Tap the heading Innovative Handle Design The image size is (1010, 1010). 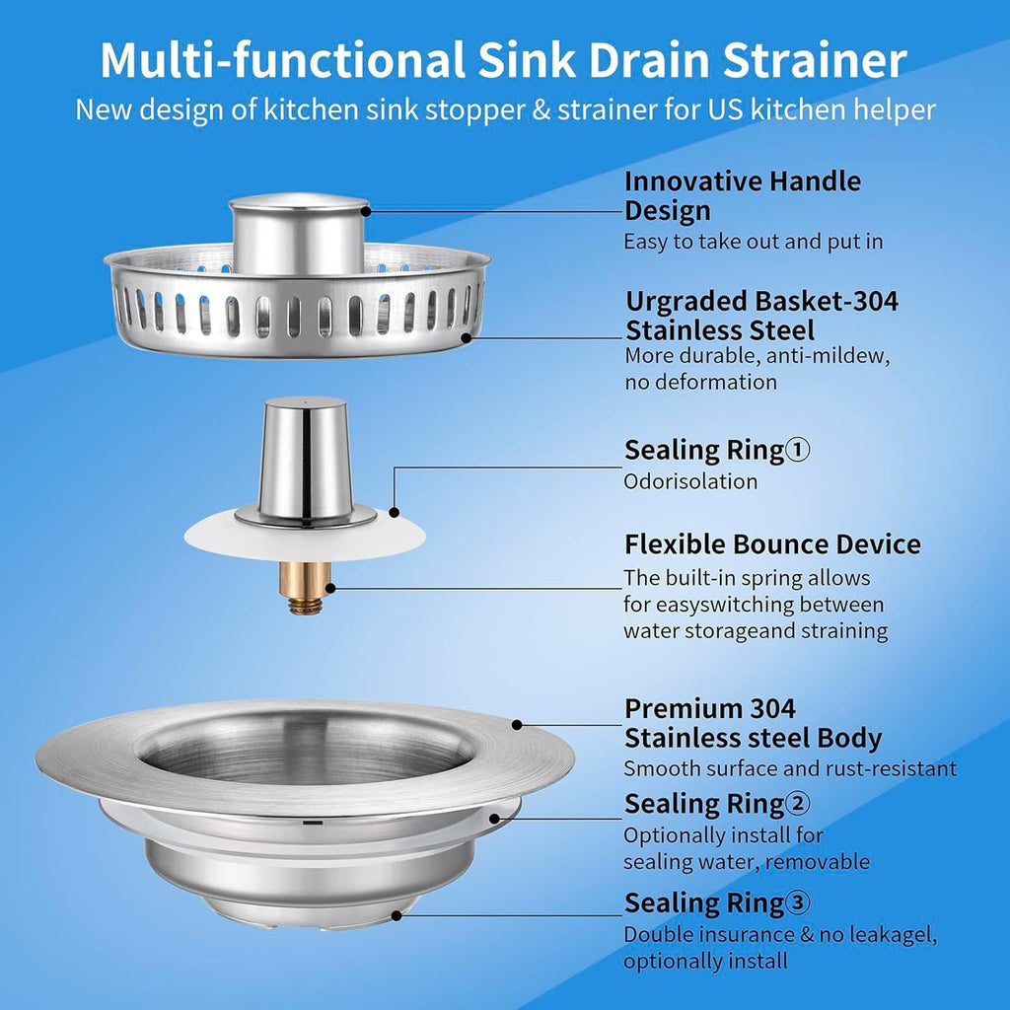[742, 195]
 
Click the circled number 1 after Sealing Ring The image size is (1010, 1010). [798, 451]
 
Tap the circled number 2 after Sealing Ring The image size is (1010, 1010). [798, 805]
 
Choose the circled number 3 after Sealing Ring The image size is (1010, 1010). [798, 902]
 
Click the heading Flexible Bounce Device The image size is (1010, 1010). [772, 544]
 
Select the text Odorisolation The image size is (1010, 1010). [690, 481]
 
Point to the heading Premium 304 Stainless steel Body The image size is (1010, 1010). [753, 723]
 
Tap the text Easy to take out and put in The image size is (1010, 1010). [753, 242]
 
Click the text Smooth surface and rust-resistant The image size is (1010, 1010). [789, 769]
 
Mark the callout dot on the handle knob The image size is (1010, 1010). [366, 209]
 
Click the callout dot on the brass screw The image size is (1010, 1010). [330, 588]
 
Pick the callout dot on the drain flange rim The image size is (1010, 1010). [516, 725]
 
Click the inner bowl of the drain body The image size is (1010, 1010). [306, 755]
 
